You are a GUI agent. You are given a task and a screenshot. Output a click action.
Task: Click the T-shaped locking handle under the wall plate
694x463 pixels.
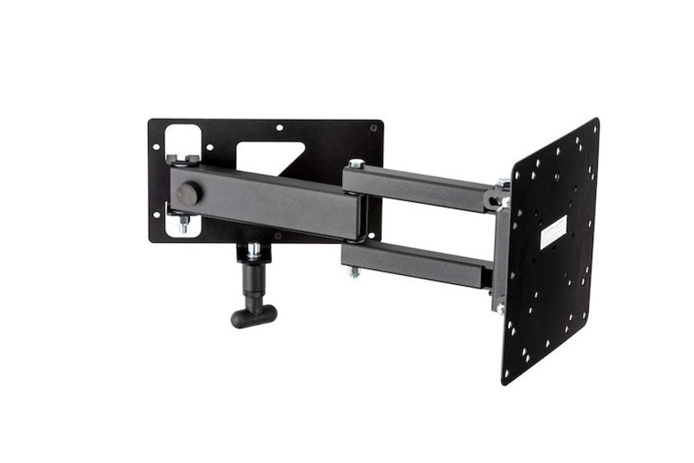[253, 313]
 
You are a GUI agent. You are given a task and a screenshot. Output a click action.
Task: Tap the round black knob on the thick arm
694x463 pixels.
[188, 195]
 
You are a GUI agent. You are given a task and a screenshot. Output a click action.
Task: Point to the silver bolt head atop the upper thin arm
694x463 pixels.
[355, 164]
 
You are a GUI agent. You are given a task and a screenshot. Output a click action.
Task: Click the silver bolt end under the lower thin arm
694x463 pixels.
[354, 272]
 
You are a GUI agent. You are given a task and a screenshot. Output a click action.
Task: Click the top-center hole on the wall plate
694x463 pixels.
[280, 128]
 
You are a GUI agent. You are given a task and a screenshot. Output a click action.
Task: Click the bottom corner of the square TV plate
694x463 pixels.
[504, 383]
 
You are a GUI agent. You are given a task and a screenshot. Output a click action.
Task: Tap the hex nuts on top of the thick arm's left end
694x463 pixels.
[182, 158]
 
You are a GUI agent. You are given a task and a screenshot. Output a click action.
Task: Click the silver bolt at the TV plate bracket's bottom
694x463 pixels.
[500, 308]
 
